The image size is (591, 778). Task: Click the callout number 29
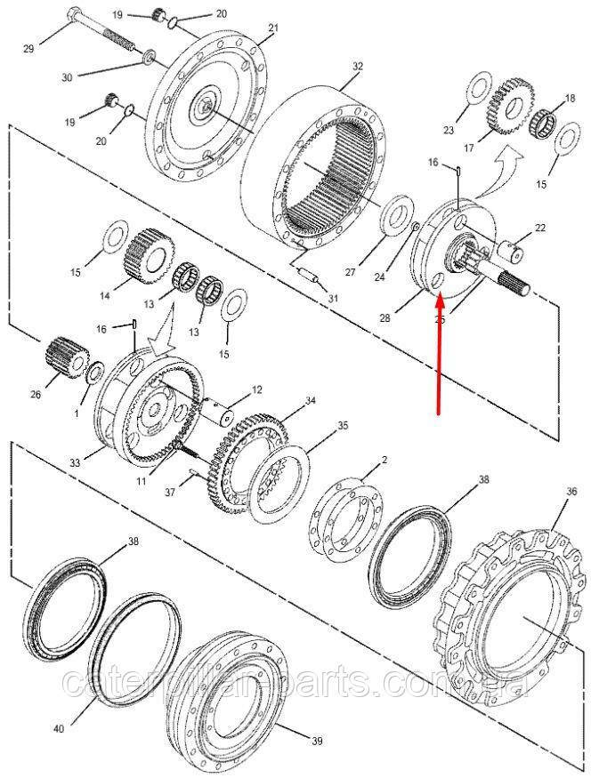click(28, 48)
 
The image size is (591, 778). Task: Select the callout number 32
click(358, 67)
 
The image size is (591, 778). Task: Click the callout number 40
click(59, 729)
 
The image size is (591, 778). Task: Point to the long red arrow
click(439, 356)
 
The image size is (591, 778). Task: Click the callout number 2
click(384, 460)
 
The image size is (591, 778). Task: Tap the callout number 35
click(343, 427)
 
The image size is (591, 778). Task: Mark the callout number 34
click(310, 401)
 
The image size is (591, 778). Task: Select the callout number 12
click(257, 389)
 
